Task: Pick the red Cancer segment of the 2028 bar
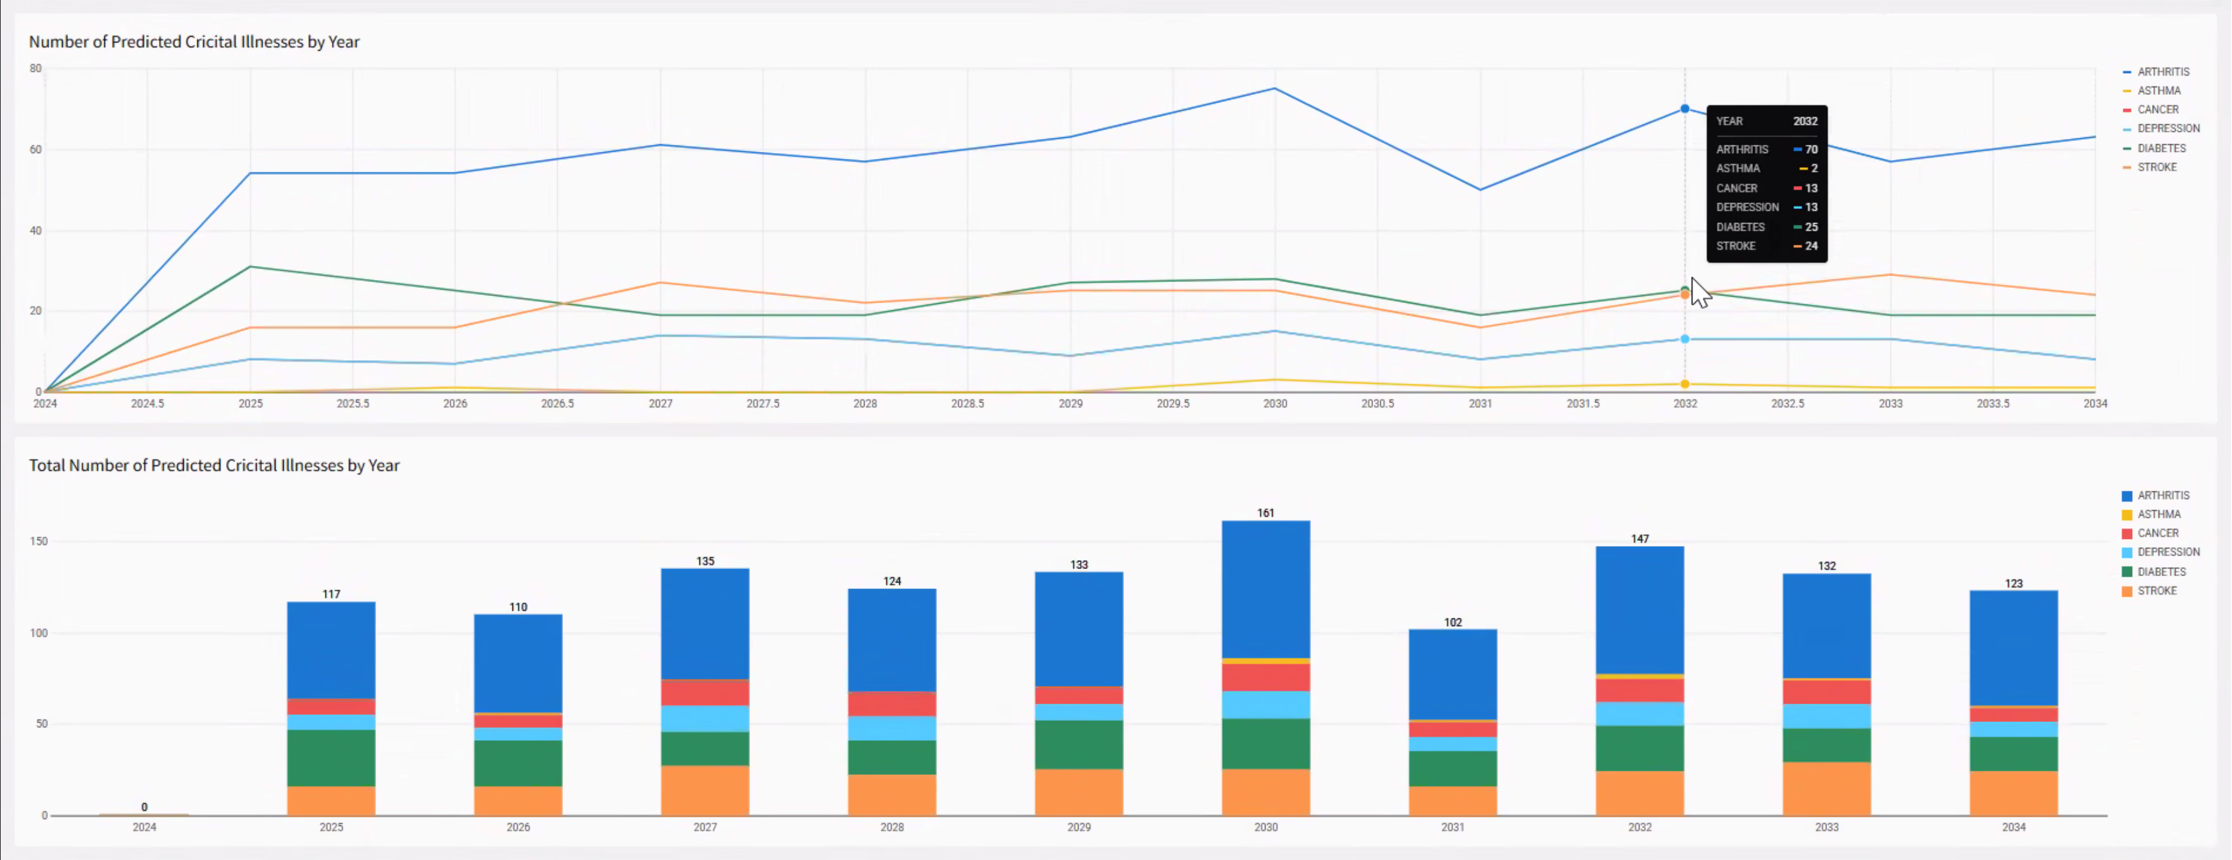[892, 703]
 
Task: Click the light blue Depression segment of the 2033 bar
[1826, 716]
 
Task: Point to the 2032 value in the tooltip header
[1805, 121]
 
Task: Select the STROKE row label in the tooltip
[1736, 246]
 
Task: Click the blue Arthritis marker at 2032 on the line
[1684, 109]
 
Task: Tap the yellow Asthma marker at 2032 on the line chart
[1684, 384]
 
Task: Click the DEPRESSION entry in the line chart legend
[2167, 128]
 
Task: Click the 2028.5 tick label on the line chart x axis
[967, 404]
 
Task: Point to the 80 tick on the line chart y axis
[35, 69]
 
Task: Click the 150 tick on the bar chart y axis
[38, 541]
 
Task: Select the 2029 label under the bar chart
[1079, 827]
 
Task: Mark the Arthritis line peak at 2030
[1274, 88]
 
